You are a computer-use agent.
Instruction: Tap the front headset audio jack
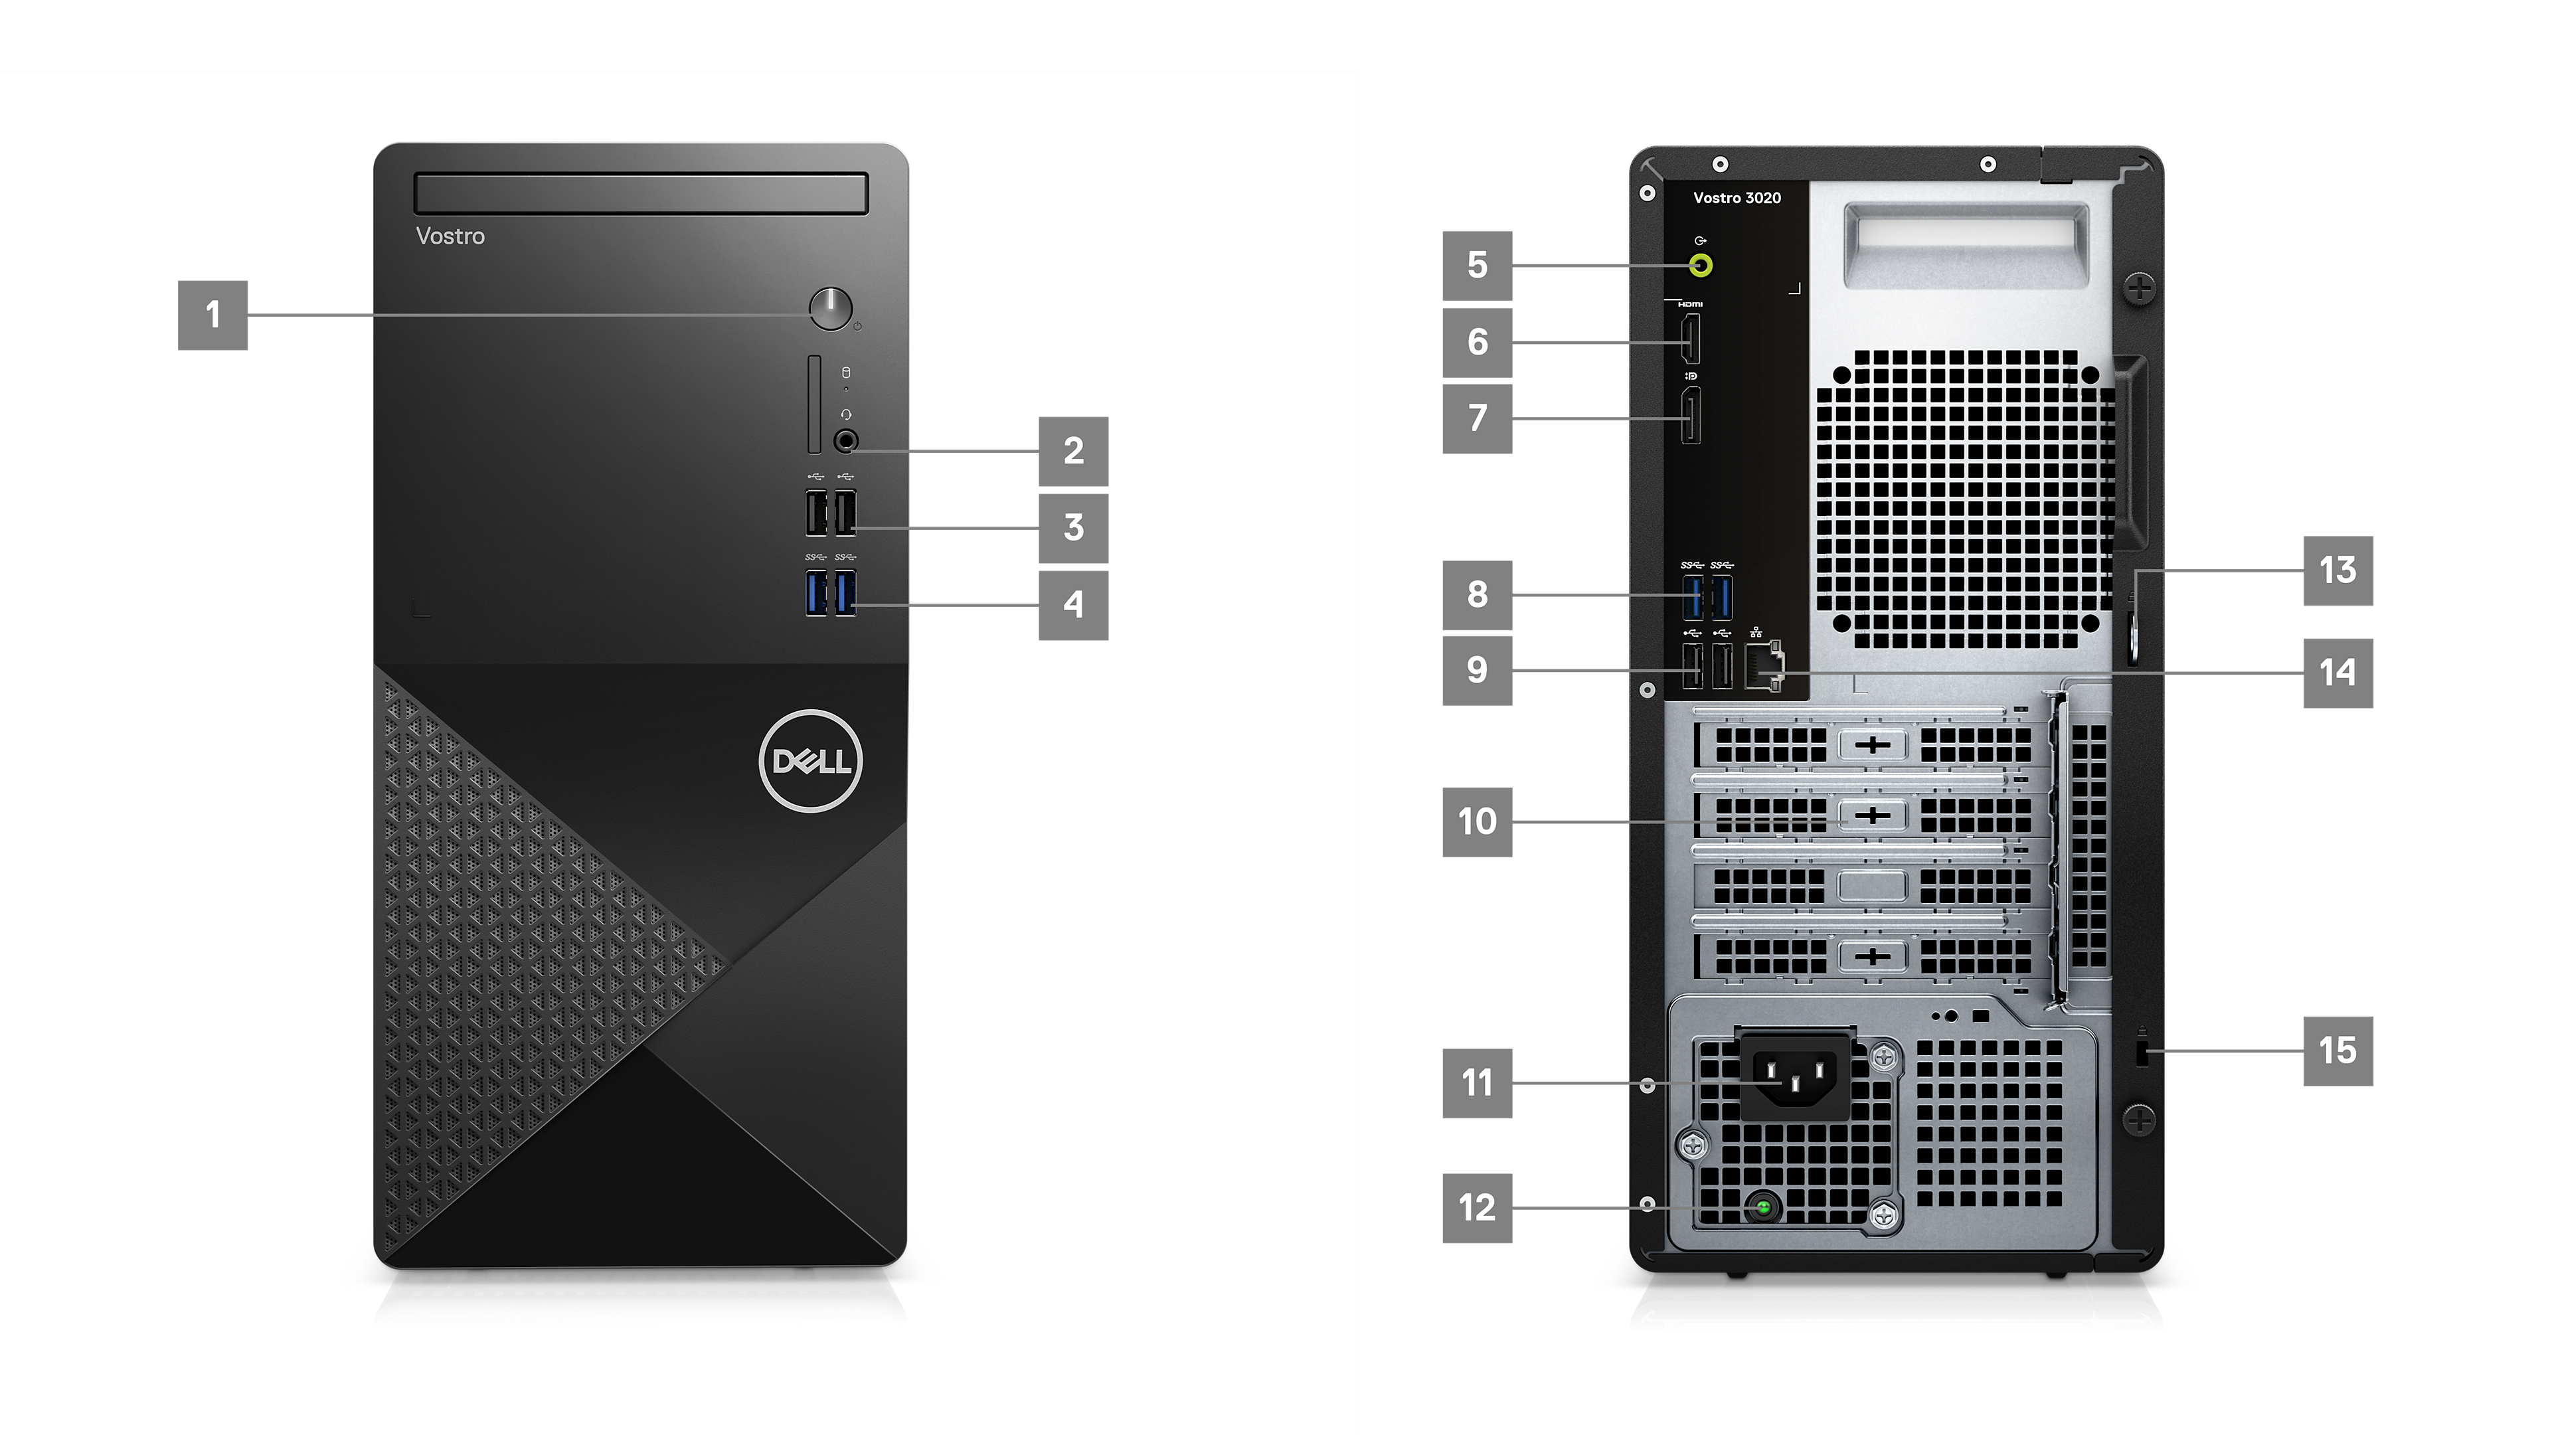point(847,440)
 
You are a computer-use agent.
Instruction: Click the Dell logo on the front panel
point(811,760)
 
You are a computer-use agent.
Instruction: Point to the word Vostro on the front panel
point(450,236)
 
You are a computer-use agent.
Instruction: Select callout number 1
point(212,315)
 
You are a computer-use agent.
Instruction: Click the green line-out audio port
point(1701,265)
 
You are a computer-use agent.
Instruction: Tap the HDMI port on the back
point(1691,339)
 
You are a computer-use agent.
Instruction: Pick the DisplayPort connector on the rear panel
point(1691,416)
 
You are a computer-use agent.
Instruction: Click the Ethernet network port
point(1763,665)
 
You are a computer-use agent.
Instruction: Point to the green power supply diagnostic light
point(1763,1207)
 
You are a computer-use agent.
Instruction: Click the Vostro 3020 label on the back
point(1737,198)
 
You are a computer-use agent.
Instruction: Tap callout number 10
point(1477,821)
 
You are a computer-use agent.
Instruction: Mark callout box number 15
point(2338,1051)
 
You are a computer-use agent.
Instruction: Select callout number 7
point(1477,418)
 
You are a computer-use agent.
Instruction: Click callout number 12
point(1477,1207)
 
